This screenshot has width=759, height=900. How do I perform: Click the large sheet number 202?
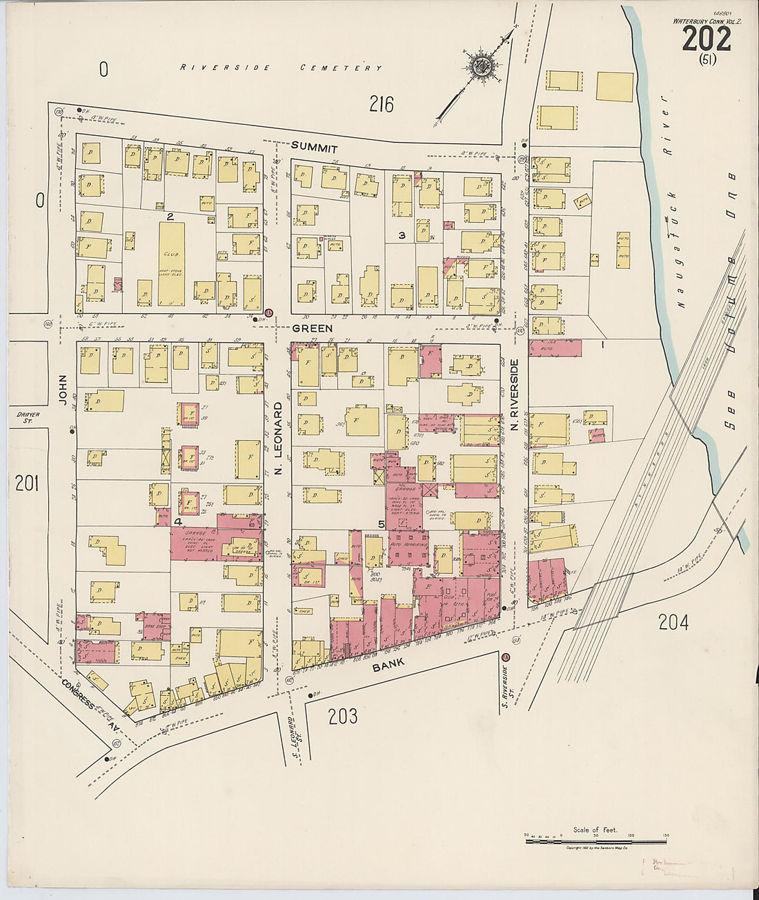706,39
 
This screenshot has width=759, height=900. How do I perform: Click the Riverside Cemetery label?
281,68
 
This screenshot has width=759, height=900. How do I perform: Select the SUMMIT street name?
314,148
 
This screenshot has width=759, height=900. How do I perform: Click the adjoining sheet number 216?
381,104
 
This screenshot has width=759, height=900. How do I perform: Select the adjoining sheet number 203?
343,717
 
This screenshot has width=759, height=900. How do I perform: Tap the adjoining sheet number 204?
673,623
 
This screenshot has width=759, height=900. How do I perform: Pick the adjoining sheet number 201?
26,483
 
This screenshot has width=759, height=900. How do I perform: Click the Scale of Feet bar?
595,841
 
